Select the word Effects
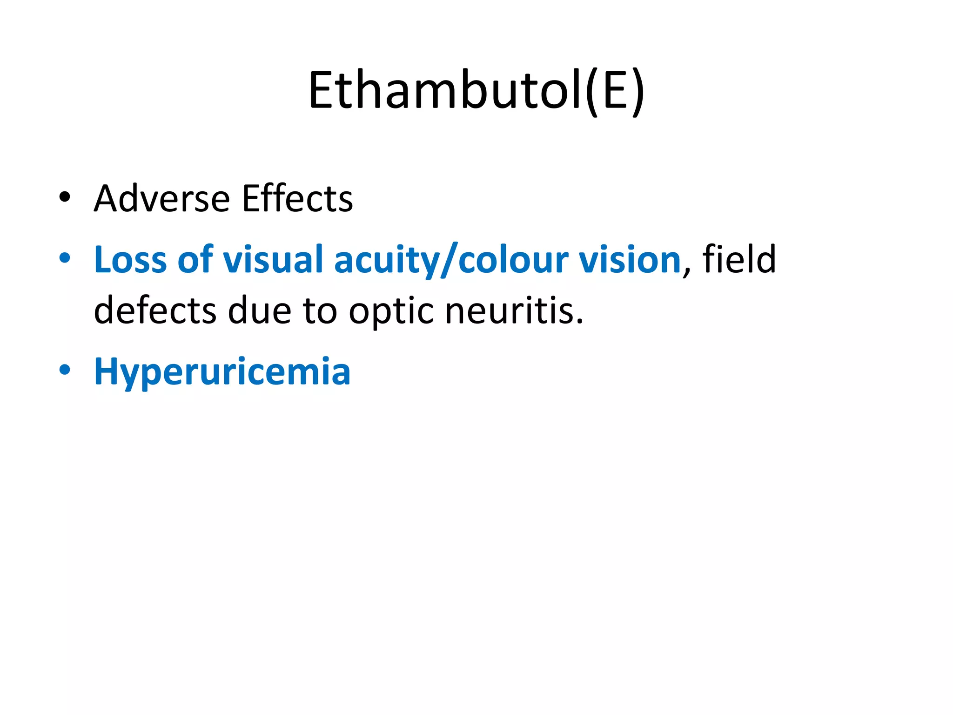(x=297, y=199)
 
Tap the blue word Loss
(x=130, y=259)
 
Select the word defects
(x=155, y=310)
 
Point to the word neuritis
(x=514, y=310)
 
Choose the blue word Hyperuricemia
(x=222, y=371)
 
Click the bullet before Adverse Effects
(x=65, y=197)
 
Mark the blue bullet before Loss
(x=65, y=258)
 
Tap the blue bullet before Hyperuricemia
(x=65, y=370)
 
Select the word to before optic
(x=320, y=310)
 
